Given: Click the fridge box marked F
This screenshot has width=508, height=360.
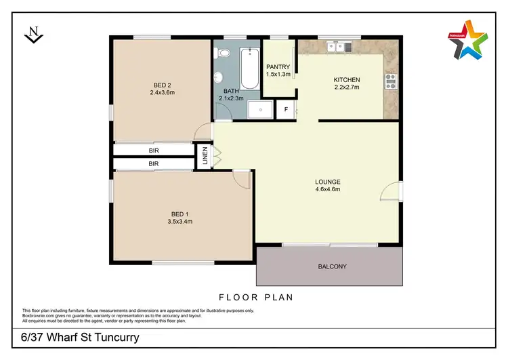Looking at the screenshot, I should [x=286, y=110].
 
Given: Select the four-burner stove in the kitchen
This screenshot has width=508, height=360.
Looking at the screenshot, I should [x=390, y=82].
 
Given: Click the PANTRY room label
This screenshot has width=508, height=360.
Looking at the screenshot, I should [x=278, y=66].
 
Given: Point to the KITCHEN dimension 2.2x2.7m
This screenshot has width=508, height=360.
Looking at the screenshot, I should [x=346, y=88].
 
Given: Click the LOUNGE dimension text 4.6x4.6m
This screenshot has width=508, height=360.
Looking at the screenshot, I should [x=327, y=190].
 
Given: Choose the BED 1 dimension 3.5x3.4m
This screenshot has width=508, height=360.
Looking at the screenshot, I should [x=180, y=221].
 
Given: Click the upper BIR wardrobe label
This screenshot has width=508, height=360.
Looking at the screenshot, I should [x=154, y=151].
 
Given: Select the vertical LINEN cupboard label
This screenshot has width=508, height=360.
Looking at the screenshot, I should [x=204, y=157].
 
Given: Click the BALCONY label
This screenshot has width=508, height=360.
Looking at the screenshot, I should [x=332, y=266].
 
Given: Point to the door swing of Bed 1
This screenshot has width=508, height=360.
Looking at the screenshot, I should [x=242, y=177].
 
